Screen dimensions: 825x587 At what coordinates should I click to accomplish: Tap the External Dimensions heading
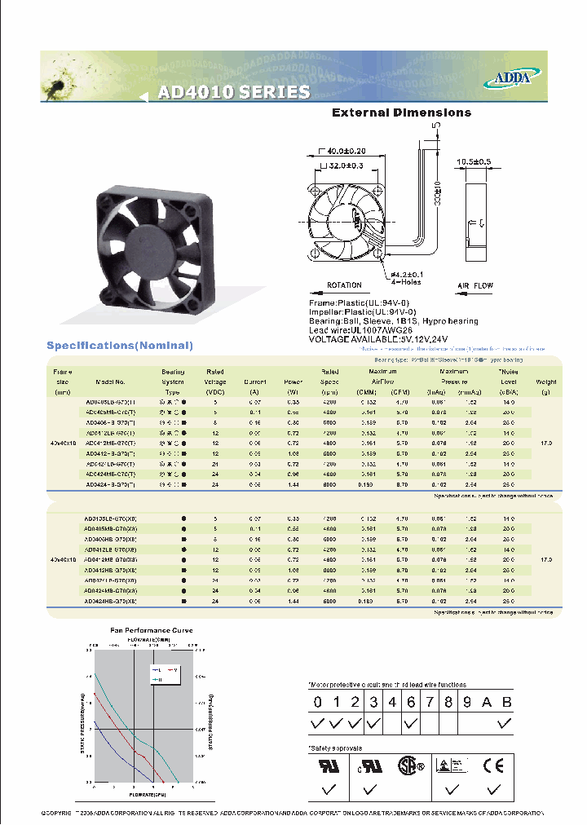401,112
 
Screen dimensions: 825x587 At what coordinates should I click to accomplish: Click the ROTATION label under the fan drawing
345,286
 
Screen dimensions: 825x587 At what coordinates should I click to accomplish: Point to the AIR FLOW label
474,286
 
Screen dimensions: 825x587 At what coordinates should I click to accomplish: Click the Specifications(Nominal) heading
120,346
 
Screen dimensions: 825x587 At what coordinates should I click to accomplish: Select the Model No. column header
110,382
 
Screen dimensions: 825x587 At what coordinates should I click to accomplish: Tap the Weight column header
546,382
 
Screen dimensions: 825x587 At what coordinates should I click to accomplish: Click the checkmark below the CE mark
492,789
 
